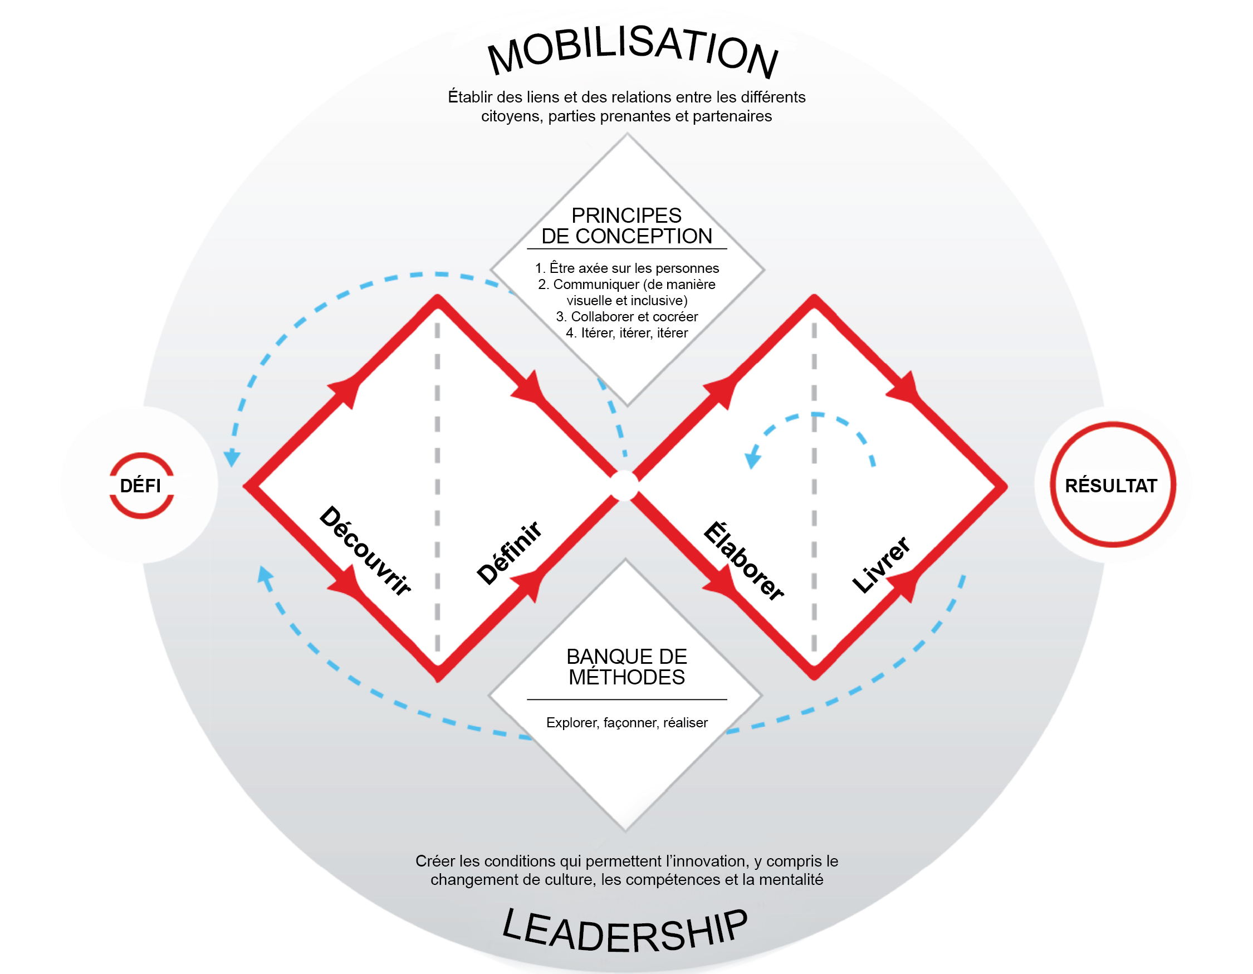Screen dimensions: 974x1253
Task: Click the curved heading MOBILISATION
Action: pos(632,52)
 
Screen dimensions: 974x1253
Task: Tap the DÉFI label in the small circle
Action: pos(140,486)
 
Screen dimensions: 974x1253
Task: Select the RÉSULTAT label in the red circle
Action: pos(1111,486)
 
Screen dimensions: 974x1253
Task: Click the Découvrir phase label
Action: pos(365,551)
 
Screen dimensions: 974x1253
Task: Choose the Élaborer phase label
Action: pos(744,561)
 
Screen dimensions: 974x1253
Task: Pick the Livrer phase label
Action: pos(880,565)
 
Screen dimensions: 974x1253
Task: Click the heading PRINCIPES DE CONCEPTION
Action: pos(626,226)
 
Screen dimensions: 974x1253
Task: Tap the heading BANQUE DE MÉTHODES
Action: pos(626,667)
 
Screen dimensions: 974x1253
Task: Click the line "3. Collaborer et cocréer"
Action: pos(626,317)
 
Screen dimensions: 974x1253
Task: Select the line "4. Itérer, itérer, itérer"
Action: pos(626,332)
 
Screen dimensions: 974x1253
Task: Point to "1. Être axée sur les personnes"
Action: pos(626,268)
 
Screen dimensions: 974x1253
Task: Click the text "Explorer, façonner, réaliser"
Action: pos(626,723)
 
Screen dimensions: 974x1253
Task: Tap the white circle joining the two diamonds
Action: pos(624,486)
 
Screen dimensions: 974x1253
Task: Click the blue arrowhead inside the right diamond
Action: pos(752,459)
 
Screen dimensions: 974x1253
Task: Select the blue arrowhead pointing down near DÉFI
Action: pos(232,458)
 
